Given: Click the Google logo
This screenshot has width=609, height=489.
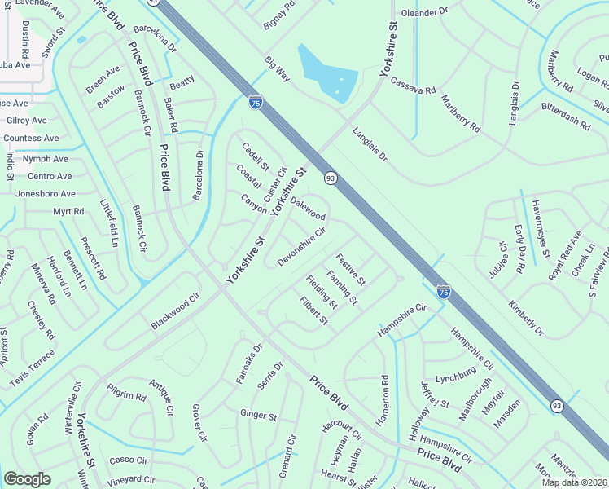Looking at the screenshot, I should tap(27, 479).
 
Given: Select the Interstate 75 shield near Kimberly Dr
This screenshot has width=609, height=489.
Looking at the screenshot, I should tap(443, 290).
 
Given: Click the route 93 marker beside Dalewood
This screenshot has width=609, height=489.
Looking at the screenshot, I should tap(331, 178).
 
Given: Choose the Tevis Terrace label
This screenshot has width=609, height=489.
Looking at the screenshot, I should tap(32, 368).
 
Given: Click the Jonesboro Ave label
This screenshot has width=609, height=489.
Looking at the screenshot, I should tap(46, 194).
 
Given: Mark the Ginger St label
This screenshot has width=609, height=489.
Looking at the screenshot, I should tap(258, 415).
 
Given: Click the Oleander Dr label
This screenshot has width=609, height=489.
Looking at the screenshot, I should tap(425, 13).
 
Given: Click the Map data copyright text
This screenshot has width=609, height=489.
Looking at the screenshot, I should tap(574, 482).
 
